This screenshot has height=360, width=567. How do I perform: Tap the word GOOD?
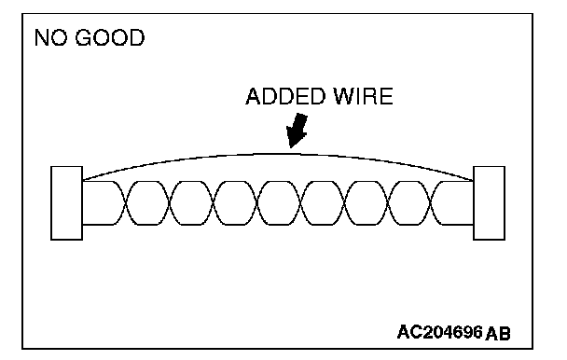(x=110, y=37)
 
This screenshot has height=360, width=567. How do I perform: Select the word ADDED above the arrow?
(x=285, y=96)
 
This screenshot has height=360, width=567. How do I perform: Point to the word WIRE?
(x=363, y=96)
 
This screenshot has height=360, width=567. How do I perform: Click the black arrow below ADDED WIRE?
(x=297, y=131)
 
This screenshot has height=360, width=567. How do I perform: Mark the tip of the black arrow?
(x=291, y=147)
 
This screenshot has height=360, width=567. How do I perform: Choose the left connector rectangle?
(x=66, y=203)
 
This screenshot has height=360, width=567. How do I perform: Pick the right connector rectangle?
(x=490, y=203)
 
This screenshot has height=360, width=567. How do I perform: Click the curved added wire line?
(x=278, y=155)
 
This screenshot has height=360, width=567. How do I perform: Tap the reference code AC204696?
(x=440, y=332)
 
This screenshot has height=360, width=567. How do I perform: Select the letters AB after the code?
(x=498, y=333)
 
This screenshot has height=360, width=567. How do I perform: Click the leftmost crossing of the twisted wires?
(x=126, y=203)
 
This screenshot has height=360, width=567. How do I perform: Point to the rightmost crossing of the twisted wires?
(x=431, y=203)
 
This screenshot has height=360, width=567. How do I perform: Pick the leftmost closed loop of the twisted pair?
(x=147, y=203)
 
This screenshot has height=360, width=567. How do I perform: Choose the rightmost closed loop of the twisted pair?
(x=409, y=203)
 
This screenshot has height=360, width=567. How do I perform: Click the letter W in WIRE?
(x=344, y=96)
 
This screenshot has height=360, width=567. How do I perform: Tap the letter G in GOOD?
(x=84, y=37)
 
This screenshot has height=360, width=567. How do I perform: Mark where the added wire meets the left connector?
(x=83, y=180)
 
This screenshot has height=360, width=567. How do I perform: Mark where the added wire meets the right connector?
(x=473, y=181)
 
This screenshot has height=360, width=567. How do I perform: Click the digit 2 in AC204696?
(x=428, y=332)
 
